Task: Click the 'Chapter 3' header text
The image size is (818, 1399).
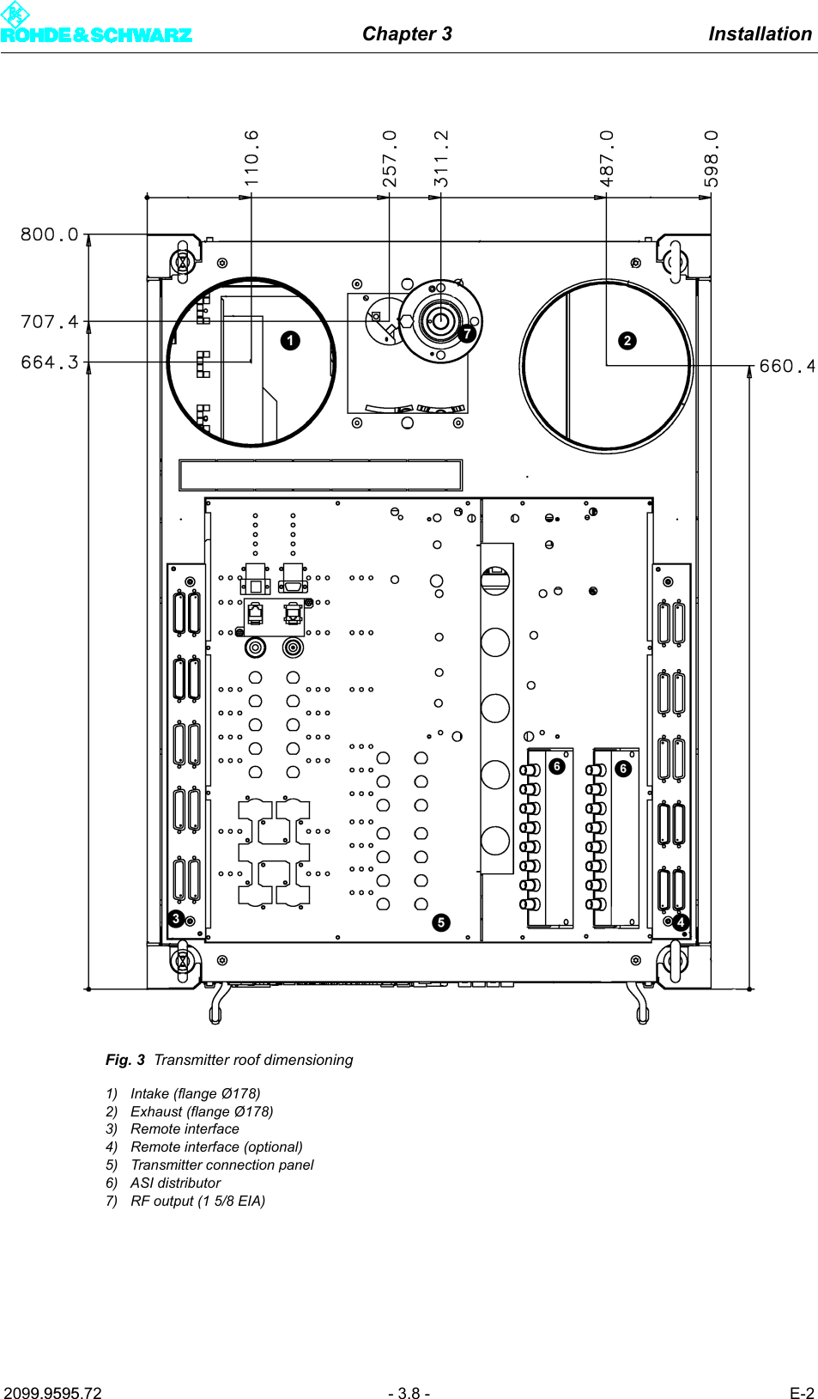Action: click(407, 33)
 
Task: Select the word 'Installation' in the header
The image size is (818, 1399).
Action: click(760, 33)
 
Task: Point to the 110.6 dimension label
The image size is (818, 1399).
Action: click(251, 158)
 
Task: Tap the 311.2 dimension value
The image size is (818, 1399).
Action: click(441, 158)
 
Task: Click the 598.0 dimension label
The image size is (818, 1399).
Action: click(711, 158)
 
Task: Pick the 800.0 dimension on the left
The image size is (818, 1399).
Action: click(49, 234)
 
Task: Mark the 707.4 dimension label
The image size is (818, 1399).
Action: click(49, 321)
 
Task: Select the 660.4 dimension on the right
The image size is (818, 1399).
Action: click(786, 366)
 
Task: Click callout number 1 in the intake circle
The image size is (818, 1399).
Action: click(290, 340)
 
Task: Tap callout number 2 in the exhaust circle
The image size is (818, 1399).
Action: click(627, 340)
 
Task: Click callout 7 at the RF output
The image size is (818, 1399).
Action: click(466, 333)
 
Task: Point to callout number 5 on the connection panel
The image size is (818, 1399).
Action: click(440, 922)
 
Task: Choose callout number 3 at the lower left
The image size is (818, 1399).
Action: click(176, 918)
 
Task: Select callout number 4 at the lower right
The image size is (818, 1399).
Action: click(681, 922)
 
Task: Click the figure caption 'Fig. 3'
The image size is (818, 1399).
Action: click(125, 1060)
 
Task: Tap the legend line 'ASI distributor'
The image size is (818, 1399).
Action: click(175, 1183)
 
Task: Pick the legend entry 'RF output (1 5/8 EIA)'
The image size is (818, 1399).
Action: click(197, 1201)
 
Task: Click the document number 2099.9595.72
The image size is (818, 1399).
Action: click(52, 1393)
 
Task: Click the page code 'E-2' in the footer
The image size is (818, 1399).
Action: click(802, 1393)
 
